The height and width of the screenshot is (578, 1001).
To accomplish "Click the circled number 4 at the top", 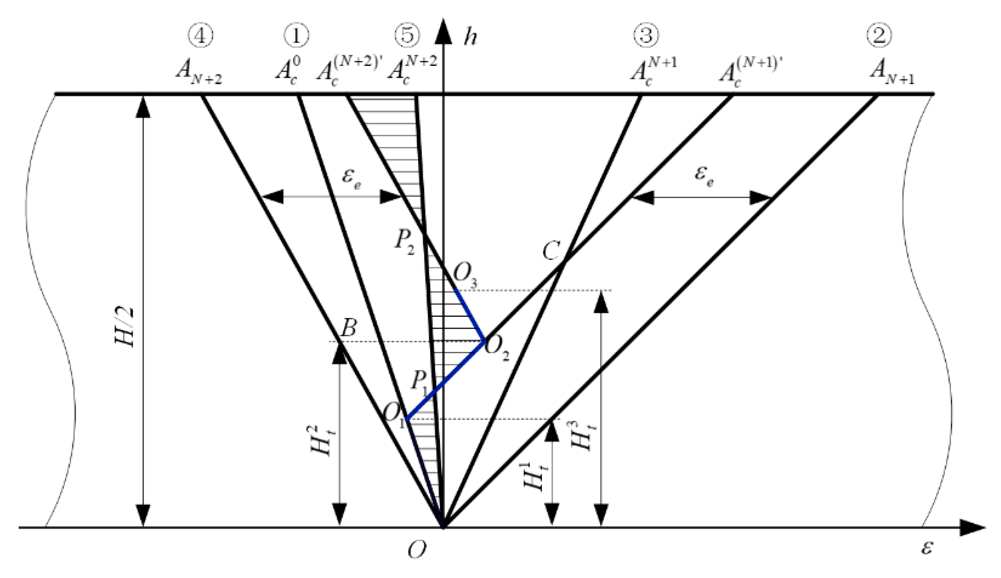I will [x=200, y=36].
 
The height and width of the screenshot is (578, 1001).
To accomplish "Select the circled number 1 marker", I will [x=296, y=36].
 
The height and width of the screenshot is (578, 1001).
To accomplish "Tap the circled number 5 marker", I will [x=407, y=36].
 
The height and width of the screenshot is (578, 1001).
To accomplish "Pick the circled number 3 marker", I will [x=646, y=36].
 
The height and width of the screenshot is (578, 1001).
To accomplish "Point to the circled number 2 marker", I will [x=879, y=36].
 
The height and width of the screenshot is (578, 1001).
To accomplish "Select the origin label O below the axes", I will [x=417, y=550].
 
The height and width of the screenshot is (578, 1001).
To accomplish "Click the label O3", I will [x=466, y=275].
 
